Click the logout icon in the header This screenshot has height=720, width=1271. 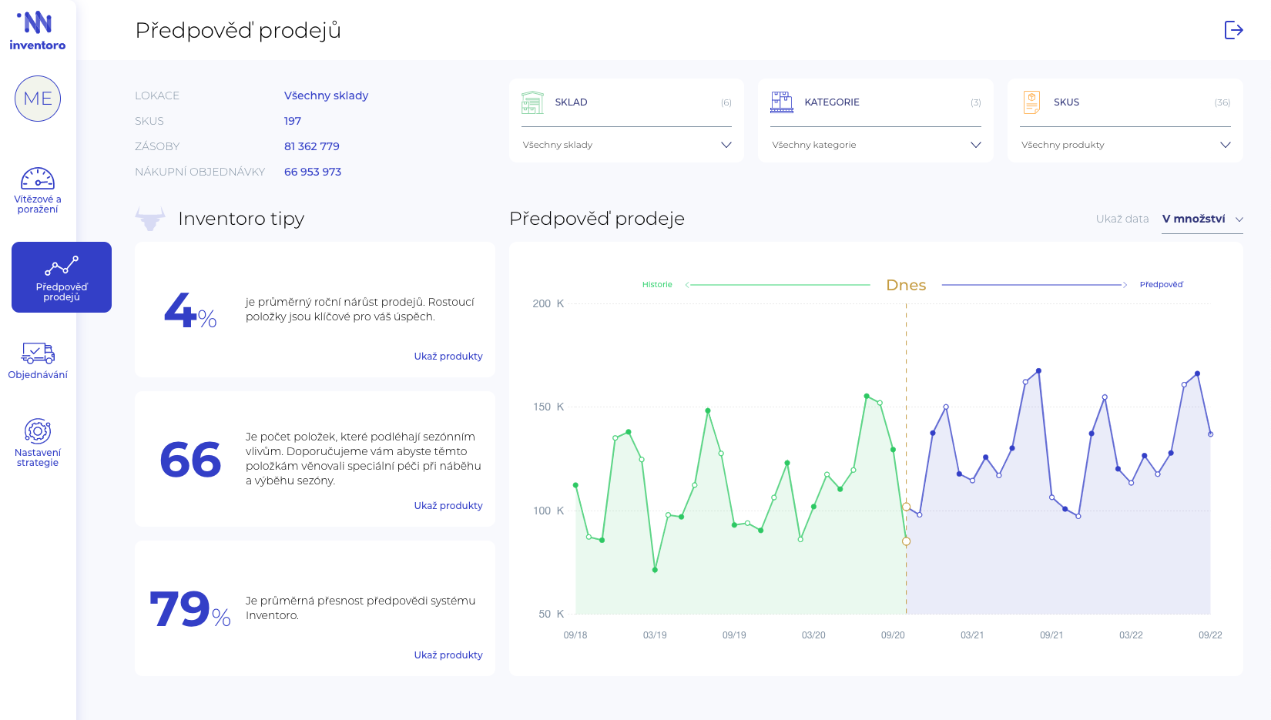1233,30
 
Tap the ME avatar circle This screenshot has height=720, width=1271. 38,99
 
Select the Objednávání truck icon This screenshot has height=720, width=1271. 38,353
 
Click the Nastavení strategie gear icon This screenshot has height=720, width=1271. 38,431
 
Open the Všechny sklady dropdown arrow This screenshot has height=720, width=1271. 726,145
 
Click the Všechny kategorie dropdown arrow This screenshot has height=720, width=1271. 975,145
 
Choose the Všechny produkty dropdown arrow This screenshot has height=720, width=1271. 1225,145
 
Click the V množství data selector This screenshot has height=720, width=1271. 1202,219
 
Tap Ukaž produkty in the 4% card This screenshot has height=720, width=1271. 448,357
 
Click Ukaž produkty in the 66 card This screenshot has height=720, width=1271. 448,506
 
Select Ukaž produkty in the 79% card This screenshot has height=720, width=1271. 448,655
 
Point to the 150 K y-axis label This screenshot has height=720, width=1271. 548,407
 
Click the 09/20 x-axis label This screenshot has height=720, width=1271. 893,635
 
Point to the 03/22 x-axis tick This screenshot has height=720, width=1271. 1131,635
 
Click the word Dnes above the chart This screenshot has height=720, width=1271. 906,286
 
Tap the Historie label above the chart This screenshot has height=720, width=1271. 657,285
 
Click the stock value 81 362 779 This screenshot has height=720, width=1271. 312,146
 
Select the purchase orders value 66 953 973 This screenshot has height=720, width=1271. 313,172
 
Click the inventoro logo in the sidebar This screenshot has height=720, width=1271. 38,31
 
